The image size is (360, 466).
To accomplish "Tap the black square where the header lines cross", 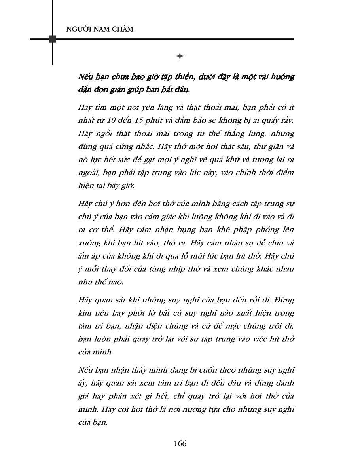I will pos(53,39).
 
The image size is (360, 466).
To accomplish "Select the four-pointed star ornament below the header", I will pos(180,56).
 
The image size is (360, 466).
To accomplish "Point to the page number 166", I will pos(180,443).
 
